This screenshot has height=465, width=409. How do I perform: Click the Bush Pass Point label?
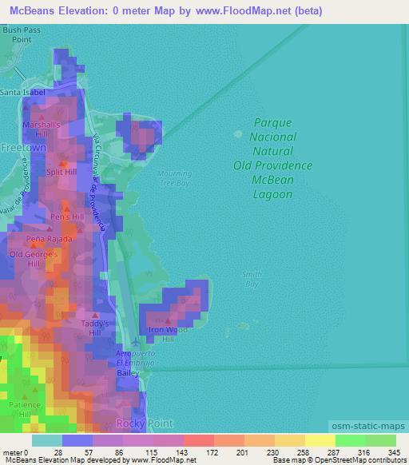coord(21,34)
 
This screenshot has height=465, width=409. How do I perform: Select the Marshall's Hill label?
coord(42,129)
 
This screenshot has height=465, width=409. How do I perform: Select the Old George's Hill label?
coord(34,259)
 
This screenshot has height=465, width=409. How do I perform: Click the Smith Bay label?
coord(252,279)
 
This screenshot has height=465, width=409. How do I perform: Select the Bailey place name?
coord(129,373)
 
